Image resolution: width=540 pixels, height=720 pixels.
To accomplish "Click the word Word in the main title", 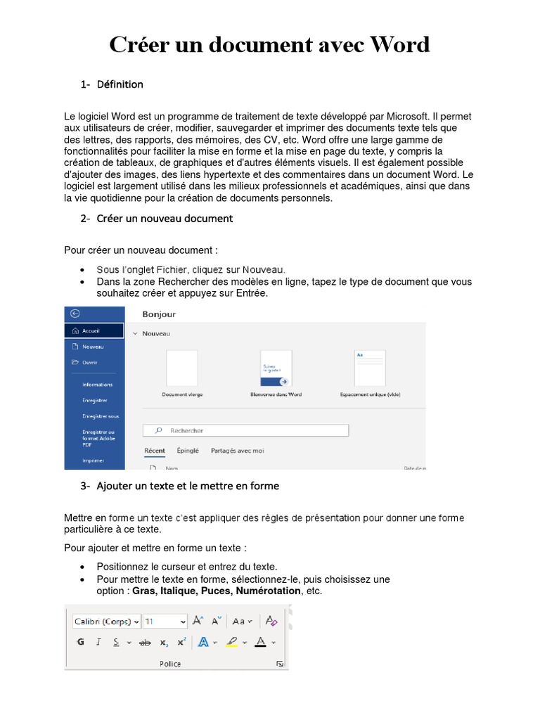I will point(392,45).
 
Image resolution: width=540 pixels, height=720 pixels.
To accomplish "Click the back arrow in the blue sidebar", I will point(75,314).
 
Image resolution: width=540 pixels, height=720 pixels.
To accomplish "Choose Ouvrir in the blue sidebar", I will point(89,363).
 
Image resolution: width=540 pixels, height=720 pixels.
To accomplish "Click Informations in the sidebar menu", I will point(97,385).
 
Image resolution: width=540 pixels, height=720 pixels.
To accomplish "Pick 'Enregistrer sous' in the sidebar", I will point(101,416).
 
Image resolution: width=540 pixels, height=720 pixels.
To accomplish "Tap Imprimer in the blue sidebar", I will point(93,461).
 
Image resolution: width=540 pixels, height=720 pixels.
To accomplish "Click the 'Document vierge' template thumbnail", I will point(181,368).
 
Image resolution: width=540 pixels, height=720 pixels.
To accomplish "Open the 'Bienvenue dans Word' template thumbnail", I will point(276,368).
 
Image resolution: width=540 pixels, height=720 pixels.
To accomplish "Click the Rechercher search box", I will point(246,430).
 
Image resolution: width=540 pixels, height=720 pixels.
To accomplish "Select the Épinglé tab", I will point(188,451).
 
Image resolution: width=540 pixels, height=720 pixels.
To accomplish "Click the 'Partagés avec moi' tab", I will point(238,451).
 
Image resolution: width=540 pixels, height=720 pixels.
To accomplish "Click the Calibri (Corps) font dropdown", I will point(106,622).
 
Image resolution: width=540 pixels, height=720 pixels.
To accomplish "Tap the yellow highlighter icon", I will point(232,642).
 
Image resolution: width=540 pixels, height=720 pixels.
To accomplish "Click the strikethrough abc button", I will point(146,642).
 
